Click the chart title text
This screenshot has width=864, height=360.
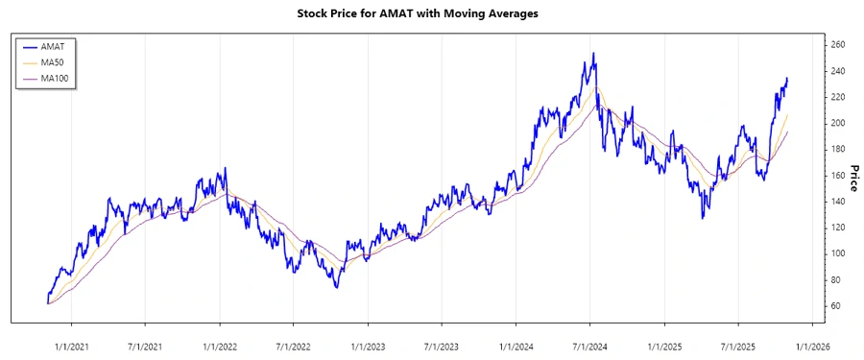pos(431,14)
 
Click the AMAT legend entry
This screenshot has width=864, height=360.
pos(52,45)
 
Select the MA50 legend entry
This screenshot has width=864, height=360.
pos(52,61)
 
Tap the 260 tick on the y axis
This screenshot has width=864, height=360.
pos(837,45)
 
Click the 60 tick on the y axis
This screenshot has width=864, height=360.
pos(834,305)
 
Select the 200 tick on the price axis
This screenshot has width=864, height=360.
pos(837,123)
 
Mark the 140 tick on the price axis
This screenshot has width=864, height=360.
pos(837,202)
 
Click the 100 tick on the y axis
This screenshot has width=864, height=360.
pos(837,253)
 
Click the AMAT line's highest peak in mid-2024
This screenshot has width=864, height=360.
pos(594,54)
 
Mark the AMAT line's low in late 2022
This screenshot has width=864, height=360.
pos(336,287)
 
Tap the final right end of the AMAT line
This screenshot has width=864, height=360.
pos(788,79)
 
